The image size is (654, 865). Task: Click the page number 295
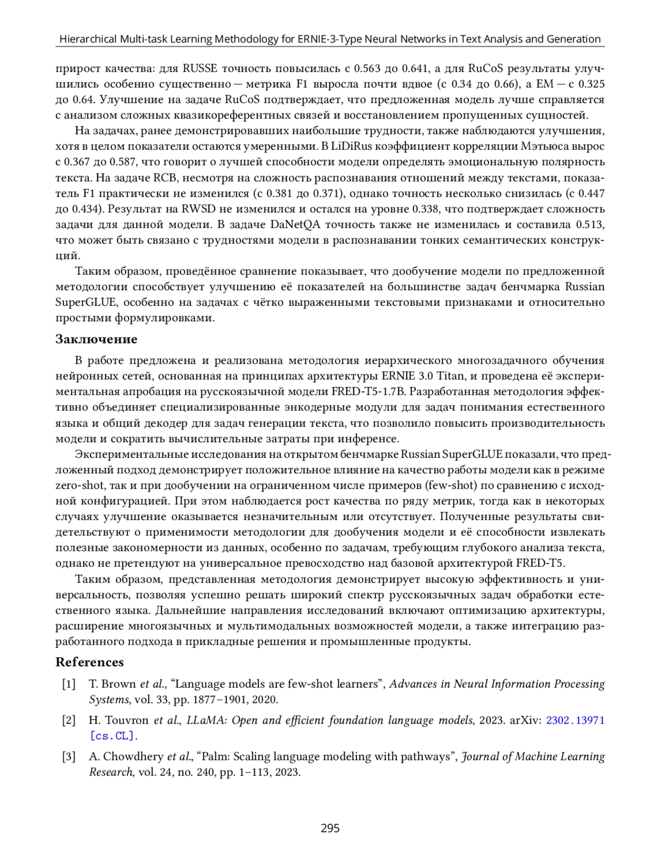(x=330, y=828)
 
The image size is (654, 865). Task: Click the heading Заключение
(x=96, y=339)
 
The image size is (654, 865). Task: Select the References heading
(x=89, y=662)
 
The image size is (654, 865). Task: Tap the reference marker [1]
(x=69, y=684)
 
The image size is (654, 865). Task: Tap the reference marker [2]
(x=69, y=720)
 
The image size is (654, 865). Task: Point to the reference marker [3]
(x=69, y=757)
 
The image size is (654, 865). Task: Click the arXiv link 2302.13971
(x=575, y=720)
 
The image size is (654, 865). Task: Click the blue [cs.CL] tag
(x=113, y=736)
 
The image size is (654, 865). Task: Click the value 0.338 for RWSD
(x=426, y=209)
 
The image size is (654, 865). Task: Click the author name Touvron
(x=126, y=720)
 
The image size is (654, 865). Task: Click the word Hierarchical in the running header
(x=87, y=39)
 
